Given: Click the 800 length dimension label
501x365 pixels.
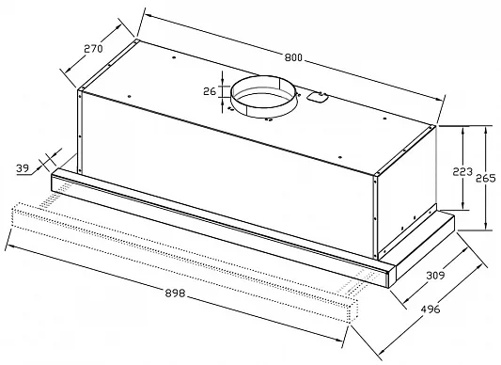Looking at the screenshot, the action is [293, 57].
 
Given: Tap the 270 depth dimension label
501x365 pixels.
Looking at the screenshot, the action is [93, 49].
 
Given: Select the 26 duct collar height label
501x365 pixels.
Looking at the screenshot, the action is [210, 91].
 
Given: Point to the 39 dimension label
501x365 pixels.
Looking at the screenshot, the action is [23, 168].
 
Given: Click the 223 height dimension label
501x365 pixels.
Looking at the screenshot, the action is [462, 172].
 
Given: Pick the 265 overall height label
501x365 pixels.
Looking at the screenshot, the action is [486, 178].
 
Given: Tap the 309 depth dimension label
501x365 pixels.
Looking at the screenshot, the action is [436, 275].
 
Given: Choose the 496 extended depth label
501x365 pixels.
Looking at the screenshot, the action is [431, 309].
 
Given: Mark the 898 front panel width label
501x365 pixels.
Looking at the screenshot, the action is [175, 293].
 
